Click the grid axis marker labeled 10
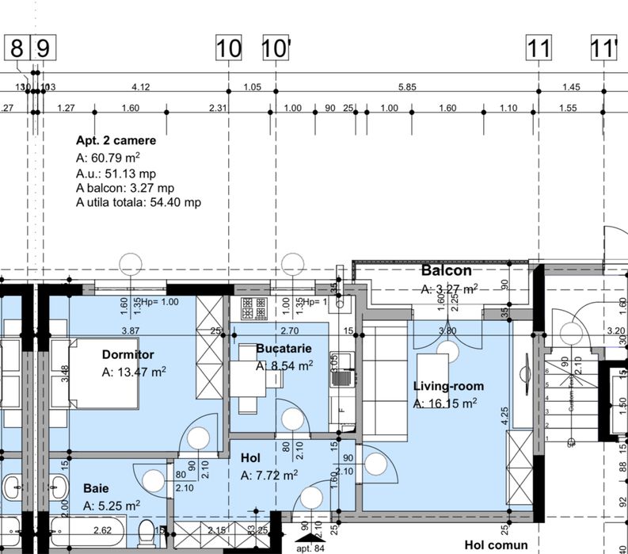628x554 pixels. pos(229,48)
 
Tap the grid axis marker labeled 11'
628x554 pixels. pos(603,48)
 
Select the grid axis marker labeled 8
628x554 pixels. pos(17,48)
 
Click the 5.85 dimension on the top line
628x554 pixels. pos(407,86)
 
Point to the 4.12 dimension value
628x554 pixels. pos(141,86)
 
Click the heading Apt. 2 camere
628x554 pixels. pos(116,140)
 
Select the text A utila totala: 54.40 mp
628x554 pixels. pos(139,203)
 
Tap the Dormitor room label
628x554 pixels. pos(128,354)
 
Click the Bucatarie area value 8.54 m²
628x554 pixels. pos(284,366)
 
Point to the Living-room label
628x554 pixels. pos(448,386)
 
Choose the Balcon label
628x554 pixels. pos(446,270)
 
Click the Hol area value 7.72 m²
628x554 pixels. pos(268,476)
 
